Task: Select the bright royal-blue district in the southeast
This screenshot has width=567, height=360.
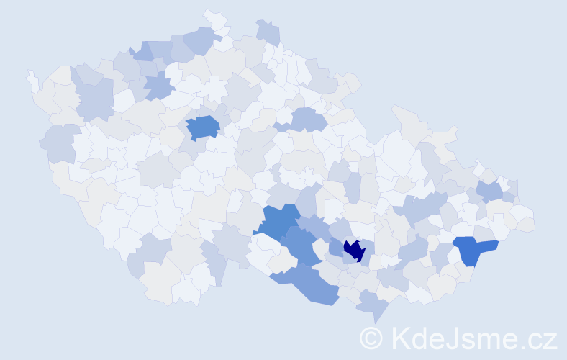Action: [474, 249]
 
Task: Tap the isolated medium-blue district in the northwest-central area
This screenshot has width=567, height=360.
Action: [203, 127]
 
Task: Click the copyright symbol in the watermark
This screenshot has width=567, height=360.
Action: [371, 338]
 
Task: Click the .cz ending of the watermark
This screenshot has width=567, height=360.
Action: [536, 338]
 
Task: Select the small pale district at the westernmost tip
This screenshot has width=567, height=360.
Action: [32, 79]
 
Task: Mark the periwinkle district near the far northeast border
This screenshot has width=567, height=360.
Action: [489, 190]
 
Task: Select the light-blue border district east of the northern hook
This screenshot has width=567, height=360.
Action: [268, 32]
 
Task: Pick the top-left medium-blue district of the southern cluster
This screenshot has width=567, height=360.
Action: [278, 220]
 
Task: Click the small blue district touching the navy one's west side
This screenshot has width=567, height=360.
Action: [336, 247]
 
